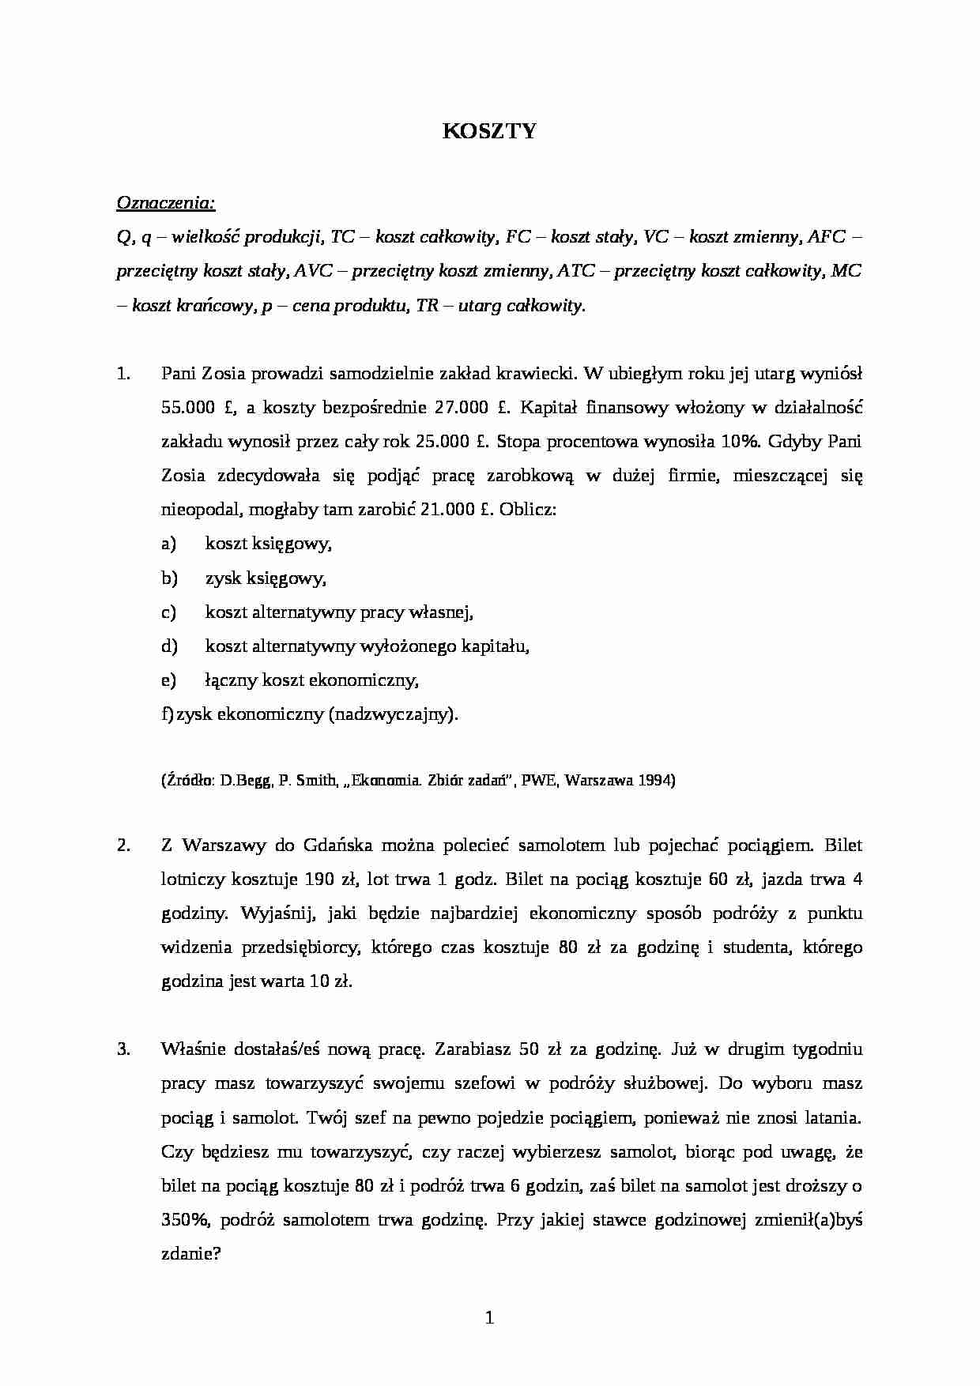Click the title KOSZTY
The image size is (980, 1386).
(489, 131)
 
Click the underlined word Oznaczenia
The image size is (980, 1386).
(164, 203)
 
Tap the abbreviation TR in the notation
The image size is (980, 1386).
(427, 306)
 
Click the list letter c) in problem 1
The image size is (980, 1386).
(168, 612)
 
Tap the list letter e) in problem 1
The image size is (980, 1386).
(168, 680)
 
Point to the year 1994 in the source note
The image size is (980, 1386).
(653, 781)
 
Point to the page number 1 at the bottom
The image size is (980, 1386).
(489, 1317)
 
